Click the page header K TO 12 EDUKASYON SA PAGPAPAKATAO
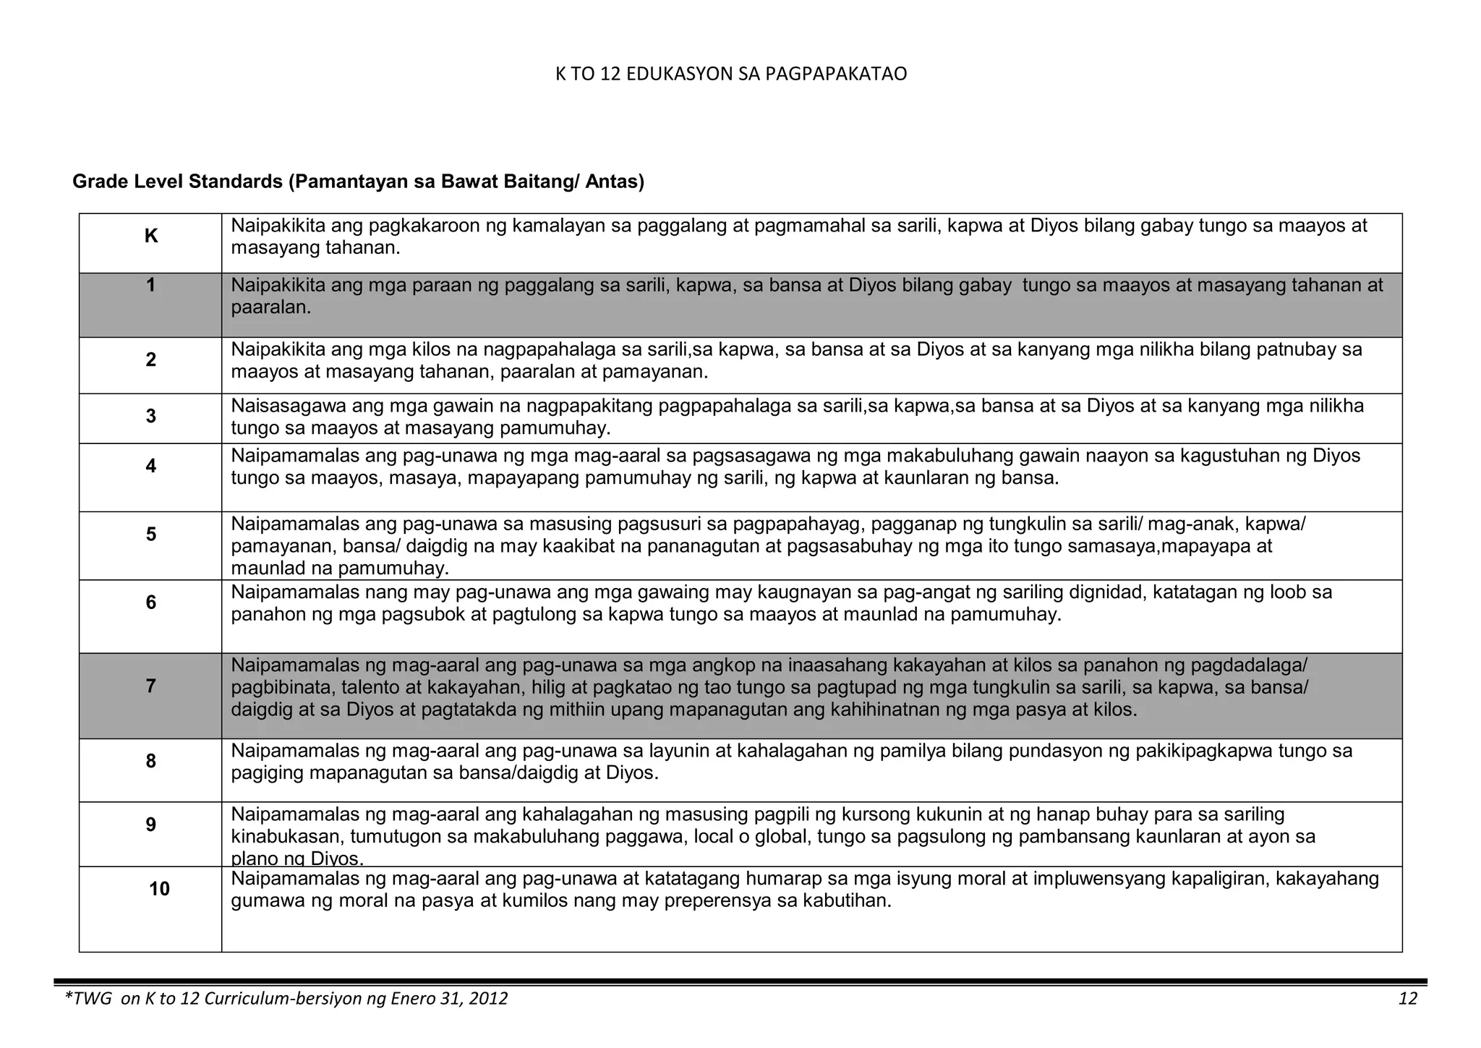click(x=730, y=74)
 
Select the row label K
click(x=151, y=237)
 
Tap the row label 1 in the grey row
click(x=150, y=286)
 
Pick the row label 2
click(x=150, y=359)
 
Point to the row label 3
click(x=150, y=416)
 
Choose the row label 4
click(x=150, y=466)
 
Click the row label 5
click(x=150, y=534)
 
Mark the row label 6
click(x=150, y=602)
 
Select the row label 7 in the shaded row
click(x=150, y=686)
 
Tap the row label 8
click(x=150, y=761)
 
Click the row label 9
click(x=150, y=825)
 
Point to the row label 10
click(x=159, y=889)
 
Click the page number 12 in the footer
click(x=1407, y=999)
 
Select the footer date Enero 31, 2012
click(x=448, y=999)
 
